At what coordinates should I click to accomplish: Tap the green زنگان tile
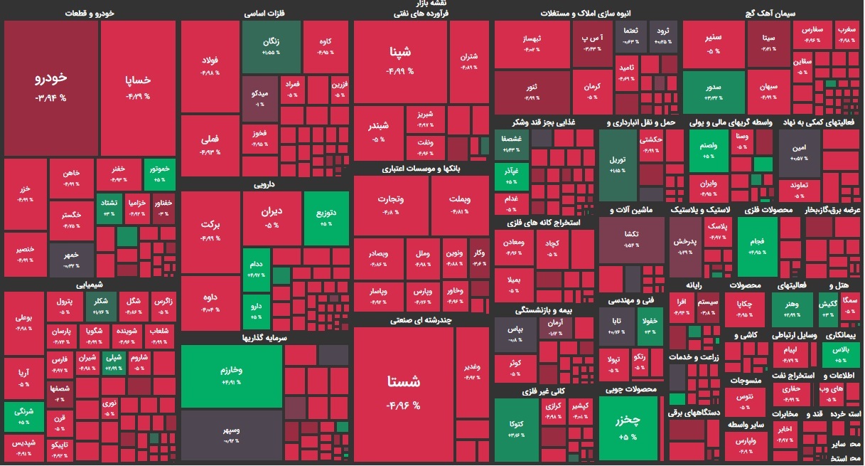coord(271,47)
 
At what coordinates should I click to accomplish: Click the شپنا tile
coord(399,61)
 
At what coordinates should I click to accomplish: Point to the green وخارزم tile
coord(231,376)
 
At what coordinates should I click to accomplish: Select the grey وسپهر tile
coord(231,435)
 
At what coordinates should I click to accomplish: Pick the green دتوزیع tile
coord(326,218)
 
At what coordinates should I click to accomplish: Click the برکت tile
coord(210,231)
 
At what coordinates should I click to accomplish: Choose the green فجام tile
coord(757,245)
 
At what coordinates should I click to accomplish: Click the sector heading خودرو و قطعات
coord(88,13)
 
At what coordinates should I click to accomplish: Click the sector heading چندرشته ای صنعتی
coord(421,321)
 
